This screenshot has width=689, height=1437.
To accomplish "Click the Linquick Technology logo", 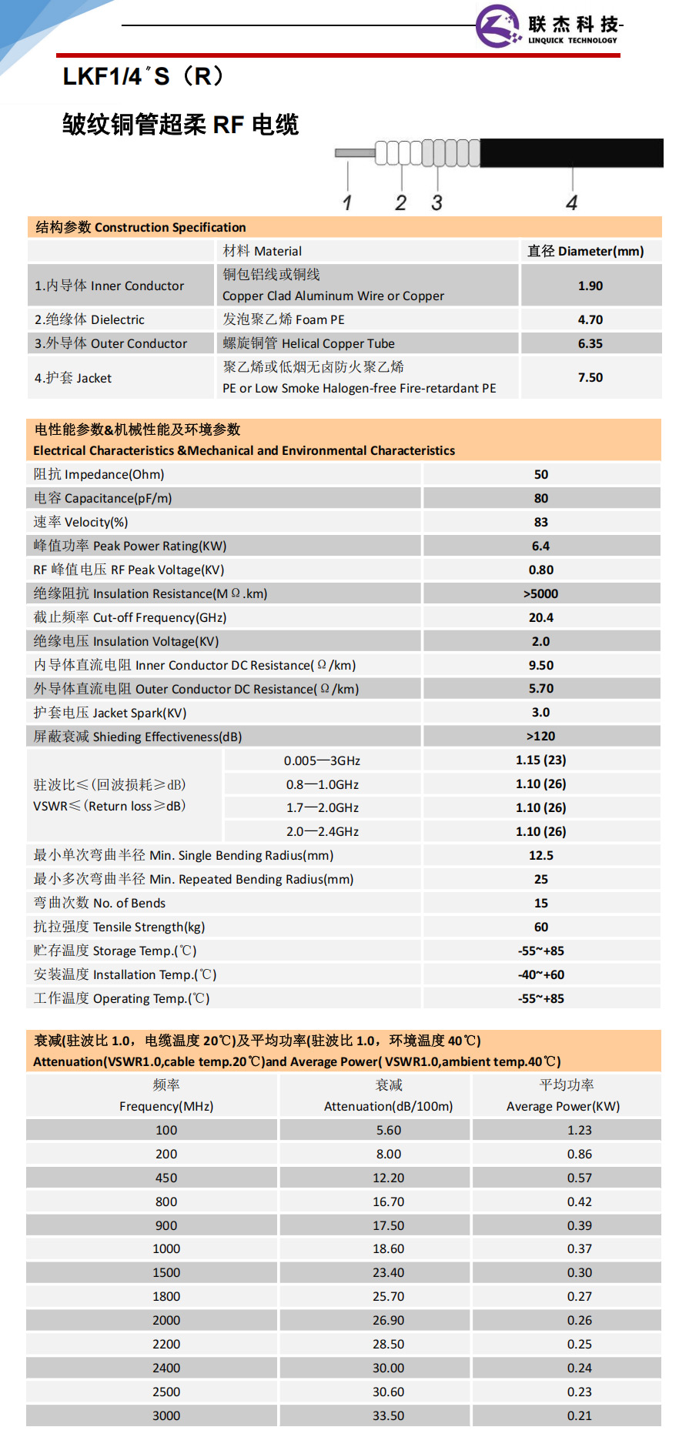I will click(x=548, y=26).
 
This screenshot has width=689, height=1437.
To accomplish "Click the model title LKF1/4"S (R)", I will click(x=143, y=76).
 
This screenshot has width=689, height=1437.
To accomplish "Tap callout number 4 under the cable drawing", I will click(x=571, y=202).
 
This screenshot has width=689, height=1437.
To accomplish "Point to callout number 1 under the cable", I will click(x=347, y=202).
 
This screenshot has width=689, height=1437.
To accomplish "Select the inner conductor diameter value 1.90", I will click(x=590, y=286).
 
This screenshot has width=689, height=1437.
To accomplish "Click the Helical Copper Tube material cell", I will click(x=309, y=343).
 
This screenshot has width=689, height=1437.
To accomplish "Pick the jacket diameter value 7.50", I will click(x=590, y=377).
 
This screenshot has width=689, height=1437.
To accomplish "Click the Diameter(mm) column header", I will click(x=586, y=251).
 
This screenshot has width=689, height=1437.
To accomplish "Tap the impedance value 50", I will click(x=541, y=475).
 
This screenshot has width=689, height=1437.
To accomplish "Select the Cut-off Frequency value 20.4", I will click(x=541, y=617).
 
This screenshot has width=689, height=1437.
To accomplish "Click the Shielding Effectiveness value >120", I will click(x=541, y=737).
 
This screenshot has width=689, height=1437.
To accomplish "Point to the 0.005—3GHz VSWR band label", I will click(x=322, y=760).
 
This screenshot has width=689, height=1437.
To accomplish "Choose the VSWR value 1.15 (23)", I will click(x=541, y=760).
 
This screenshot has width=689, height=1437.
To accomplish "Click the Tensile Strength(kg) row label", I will click(x=119, y=927).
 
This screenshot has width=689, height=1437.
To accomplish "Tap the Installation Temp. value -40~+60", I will click(x=541, y=974).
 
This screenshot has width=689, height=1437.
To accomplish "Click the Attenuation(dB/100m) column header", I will click(x=388, y=1106).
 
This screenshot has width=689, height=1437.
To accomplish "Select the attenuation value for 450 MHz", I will click(x=388, y=1178).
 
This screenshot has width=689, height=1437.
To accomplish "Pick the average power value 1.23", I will click(x=580, y=1130).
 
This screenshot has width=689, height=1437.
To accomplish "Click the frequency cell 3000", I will click(x=166, y=1415).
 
